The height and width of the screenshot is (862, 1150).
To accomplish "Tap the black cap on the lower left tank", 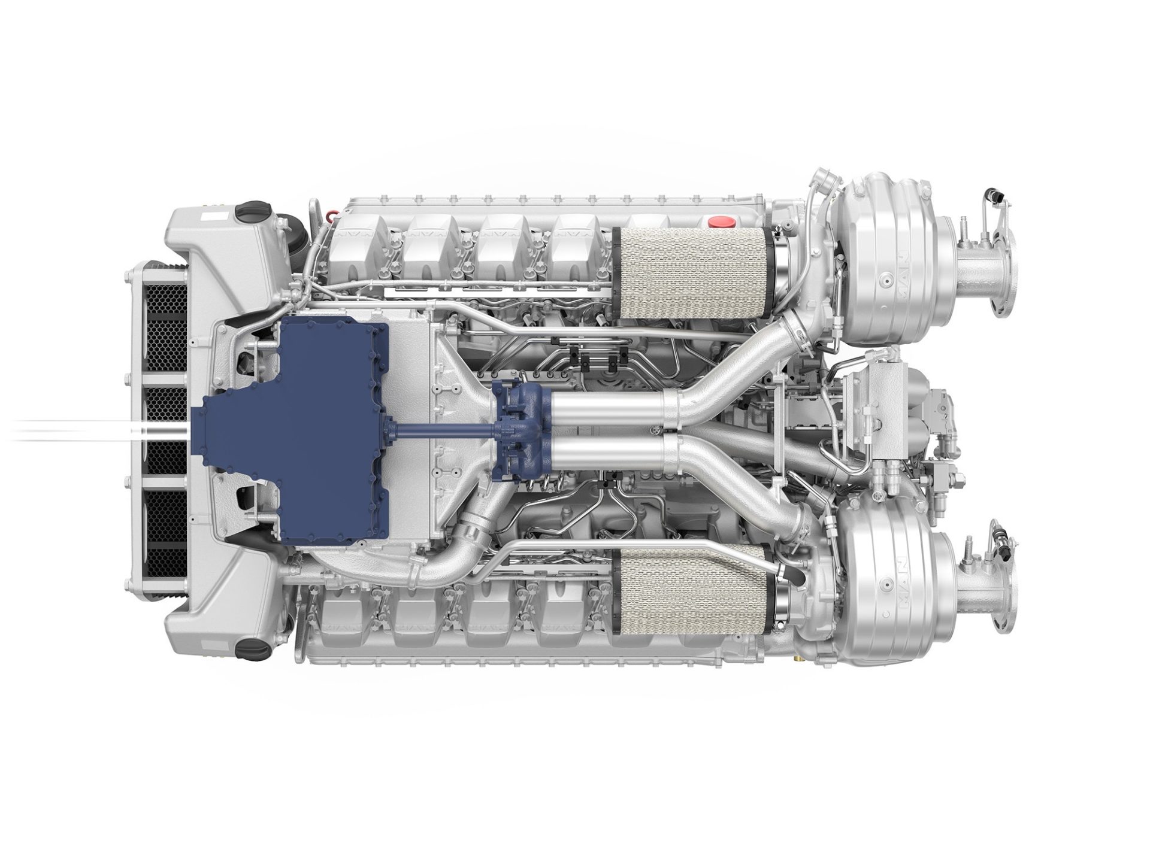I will [247, 648].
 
